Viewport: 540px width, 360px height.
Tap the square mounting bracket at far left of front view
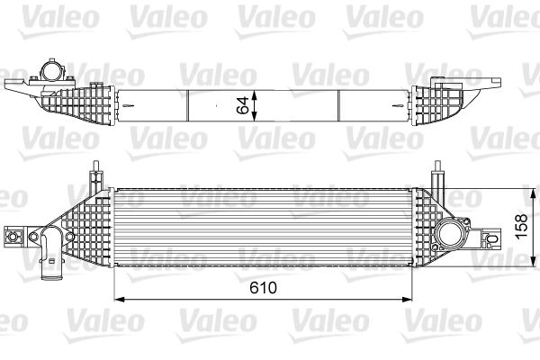pyautogui.click(x=13, y=237)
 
